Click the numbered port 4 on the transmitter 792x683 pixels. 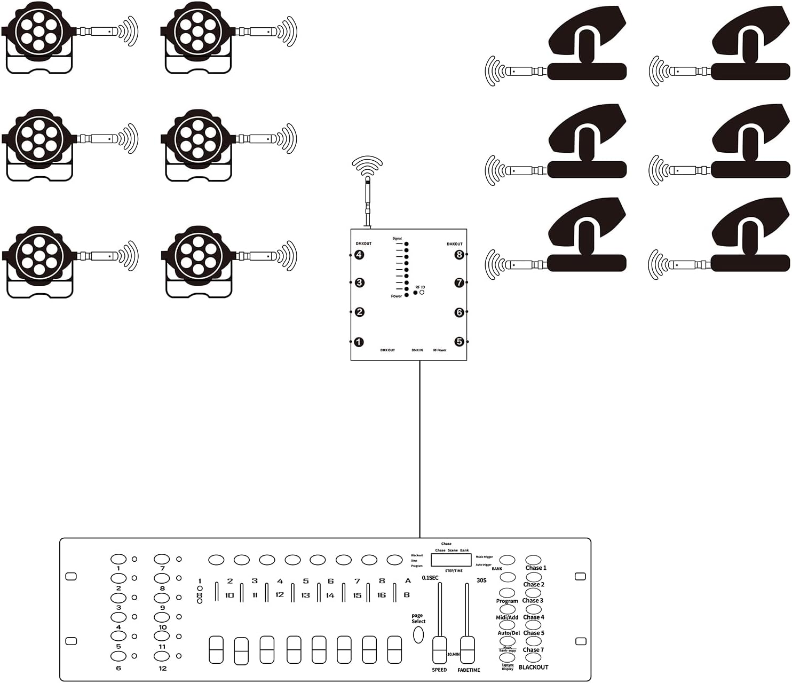click(x=359, y=255)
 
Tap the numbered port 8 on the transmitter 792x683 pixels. click(x=459, y=255)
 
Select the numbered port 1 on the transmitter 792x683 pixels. click(x=359, y=342)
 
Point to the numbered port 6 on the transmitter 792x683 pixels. click(x=459, y=312)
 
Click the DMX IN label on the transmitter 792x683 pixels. click(x=417, y=350)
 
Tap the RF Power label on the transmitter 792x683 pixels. click(x=439, y=350)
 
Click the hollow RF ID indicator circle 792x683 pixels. click(x=422, y=293)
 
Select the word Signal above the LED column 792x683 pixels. click(x=397, y=239)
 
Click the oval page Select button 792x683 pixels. click(x=418, y=634)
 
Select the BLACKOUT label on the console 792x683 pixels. click(x=533, y=668)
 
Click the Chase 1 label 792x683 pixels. click(x=536, y=568)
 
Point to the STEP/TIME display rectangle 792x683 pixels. click(x=452, y=560)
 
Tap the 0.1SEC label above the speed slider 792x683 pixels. click(x=430, y=578)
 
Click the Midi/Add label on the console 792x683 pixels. click(x=507, y=618)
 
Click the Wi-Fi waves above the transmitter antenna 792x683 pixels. click(x=368, y=166)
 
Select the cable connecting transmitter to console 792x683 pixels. click(x=420, y=449)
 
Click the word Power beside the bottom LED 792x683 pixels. click(x=396, y=296)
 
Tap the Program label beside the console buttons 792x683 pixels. click(x=507, y=601)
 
